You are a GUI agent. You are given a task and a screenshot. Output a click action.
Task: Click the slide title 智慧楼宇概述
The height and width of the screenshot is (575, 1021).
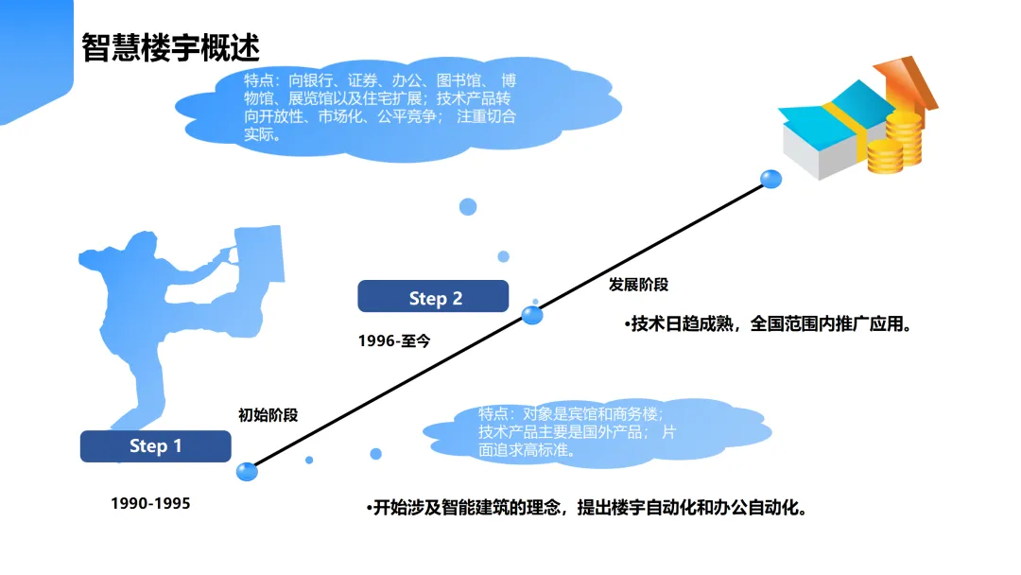[170, 46]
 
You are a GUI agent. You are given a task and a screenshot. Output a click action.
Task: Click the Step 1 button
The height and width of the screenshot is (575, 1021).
[155, 446]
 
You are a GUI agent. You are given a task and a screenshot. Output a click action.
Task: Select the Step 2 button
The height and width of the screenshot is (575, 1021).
[434, 297]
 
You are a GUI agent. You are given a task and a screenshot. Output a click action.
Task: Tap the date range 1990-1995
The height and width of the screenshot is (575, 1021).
[150, 503]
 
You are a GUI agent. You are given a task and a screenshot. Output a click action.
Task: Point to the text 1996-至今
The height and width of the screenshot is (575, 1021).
[393, 340]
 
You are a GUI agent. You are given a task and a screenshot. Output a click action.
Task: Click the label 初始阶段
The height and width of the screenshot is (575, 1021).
[268, 414]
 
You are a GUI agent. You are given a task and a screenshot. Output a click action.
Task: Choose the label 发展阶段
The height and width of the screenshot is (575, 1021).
[638, 284]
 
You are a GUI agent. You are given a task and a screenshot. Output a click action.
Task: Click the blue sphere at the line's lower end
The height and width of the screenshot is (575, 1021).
[247, 470]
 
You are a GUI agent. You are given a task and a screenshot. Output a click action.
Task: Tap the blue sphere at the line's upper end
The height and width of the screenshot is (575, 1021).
[771, 178]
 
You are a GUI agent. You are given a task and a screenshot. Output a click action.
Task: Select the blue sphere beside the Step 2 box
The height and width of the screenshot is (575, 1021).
[533, 315]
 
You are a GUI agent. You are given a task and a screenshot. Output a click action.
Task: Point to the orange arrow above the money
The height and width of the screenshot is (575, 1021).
[908, 80]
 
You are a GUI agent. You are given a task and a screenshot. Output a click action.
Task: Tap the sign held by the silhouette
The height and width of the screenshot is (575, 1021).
[259, 253]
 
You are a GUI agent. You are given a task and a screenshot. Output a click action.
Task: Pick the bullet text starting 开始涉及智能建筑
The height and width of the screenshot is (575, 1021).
[586, 508]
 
